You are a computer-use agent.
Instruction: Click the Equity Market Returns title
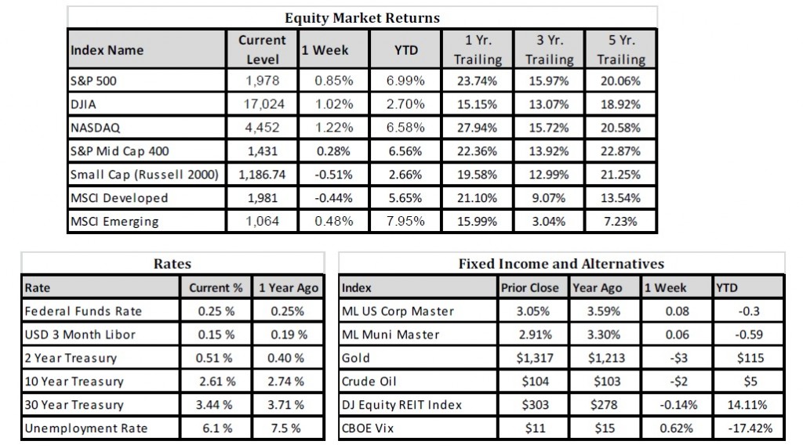point(362,17)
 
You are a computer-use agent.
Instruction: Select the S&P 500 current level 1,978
point(263,81)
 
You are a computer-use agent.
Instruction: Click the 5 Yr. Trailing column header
point(620,49)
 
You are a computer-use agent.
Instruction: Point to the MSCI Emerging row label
point(114,221)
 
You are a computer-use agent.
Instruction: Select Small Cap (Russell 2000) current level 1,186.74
point(263,174)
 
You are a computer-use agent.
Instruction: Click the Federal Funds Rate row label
point(84,311)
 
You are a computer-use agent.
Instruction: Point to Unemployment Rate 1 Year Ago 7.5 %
point(288,428)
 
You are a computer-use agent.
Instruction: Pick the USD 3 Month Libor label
point(81,334)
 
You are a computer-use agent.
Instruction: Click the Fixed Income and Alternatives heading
point(561,265)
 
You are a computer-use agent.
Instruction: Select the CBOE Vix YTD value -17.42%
point(749,428)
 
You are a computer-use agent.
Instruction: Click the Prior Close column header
point(530,287)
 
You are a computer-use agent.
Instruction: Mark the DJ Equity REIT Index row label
point(402,405)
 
